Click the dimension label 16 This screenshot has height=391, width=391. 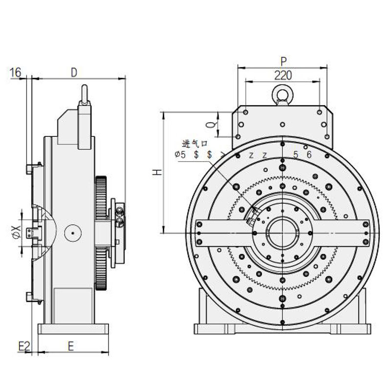15,73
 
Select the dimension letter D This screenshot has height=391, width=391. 74,72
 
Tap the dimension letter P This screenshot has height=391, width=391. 283,61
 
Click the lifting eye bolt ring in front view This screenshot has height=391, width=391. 282,93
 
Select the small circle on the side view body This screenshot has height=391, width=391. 72,233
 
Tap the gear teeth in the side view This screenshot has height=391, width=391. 101,195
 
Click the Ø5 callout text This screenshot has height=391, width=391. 180,155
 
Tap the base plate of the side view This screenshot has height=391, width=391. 73,328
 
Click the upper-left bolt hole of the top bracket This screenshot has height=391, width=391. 245,112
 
